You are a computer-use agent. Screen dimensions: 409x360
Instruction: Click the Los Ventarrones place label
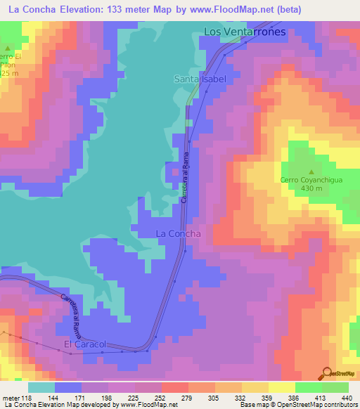coord(244,32)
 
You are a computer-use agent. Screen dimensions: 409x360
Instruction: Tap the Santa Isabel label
coord(200,79)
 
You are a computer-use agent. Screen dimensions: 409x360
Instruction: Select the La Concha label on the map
coord(178,233)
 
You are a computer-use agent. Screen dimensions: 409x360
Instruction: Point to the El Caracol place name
coord(84,344)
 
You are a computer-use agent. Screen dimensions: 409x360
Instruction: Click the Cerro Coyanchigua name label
coord(311,180)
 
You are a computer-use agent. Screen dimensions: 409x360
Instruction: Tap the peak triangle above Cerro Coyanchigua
coord(311,170)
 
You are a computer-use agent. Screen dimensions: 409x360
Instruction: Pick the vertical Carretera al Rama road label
coord(184,181)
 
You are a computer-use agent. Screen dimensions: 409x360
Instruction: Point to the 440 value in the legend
coord(347,396)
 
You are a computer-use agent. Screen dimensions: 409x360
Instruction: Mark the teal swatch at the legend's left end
coord(41,387)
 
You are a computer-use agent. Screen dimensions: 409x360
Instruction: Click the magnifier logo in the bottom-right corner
coord(327,373)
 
